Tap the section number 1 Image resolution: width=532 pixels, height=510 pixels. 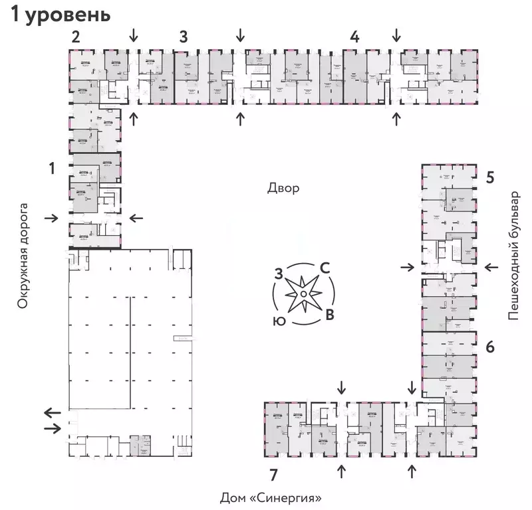(x=51, y=169)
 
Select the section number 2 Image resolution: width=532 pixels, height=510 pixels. (x=76, y=37)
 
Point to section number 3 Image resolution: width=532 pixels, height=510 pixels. (x=183, y=37)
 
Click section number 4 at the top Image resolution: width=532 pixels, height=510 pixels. (x=355, y=37)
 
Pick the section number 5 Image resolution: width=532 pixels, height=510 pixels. (x=490, y=177)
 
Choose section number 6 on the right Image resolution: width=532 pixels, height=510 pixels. (x=490, y=347)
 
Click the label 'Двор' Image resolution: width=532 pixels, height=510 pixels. (x=283, y=188)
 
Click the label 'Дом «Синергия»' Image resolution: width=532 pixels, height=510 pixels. (x=275, y=497)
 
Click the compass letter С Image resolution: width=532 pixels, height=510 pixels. (x=325, y=268)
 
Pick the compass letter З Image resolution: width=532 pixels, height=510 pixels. (x=280, y=272)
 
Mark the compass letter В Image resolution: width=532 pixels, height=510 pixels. (x=329, y=314)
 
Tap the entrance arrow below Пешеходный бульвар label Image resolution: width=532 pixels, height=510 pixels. (x=491, y=267)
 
